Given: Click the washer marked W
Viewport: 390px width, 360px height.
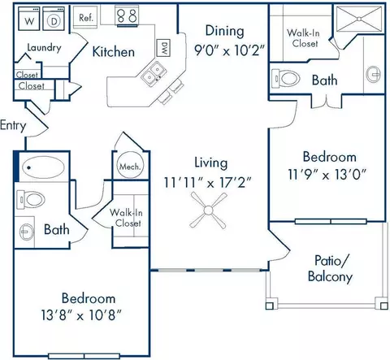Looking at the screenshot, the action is [x=29, y=19].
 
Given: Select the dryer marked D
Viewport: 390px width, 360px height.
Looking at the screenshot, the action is [x=54, y=19].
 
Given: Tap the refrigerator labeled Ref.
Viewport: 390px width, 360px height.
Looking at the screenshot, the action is [x=85, y=16].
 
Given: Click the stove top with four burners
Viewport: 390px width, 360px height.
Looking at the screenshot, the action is [x=127, y=16].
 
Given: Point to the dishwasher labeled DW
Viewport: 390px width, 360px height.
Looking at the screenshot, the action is [x=163, y=48].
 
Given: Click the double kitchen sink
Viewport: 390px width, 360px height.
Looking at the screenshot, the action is [x=153, y=73].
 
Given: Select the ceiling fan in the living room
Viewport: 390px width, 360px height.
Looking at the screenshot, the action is [x=208, y=210].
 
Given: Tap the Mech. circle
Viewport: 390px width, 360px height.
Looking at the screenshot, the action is [x=131, y=165].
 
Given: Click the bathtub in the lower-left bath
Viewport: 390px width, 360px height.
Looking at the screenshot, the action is [x=43, y=167].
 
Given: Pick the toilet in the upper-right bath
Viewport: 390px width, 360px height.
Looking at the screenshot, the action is [x=286, y=79].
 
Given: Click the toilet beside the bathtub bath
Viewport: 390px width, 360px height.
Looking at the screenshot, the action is [x=31, y=200].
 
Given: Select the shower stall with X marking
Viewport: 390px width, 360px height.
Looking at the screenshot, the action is [x=359, y=19].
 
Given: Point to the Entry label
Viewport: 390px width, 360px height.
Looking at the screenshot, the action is [x=13, y=125].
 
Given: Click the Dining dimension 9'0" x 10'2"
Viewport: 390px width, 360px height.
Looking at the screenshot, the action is [x=229, y=50].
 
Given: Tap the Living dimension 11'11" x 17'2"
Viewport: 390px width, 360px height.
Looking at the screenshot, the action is [x=208, y=183].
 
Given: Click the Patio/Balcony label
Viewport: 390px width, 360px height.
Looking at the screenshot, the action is [x=330, y=268].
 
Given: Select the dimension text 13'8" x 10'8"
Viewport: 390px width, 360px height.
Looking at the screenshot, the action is [x=81, y=315].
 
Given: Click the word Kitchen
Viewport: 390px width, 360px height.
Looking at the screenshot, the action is [x=114, y=51].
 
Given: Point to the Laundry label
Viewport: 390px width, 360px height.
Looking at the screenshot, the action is [x=44, y=48].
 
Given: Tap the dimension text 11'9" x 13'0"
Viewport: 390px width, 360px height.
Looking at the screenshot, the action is [x=327, y=175].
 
